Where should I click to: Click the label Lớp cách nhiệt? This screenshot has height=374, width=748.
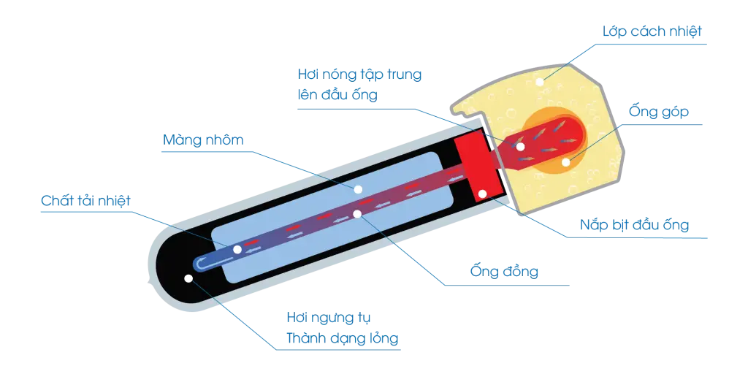pos(652,32)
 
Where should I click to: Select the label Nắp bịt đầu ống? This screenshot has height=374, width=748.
pos(635,224)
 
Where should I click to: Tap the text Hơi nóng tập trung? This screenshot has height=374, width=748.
pos(359,75)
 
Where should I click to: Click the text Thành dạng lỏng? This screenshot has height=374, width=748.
pos(342,338)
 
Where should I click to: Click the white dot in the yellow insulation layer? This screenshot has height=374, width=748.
pos(540,82)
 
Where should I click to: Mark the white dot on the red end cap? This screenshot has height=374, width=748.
pos(482,194)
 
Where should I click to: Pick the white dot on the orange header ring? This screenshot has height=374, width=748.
pos(566,161)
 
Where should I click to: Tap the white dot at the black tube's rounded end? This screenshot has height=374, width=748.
pos(188,278)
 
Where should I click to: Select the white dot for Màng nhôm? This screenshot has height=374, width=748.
pos(357,189)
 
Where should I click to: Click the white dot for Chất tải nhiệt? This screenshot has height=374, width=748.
pos(237,250)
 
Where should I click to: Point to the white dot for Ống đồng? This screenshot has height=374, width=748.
pos(357,214)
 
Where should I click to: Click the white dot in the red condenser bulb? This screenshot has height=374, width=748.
pos(520,146)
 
